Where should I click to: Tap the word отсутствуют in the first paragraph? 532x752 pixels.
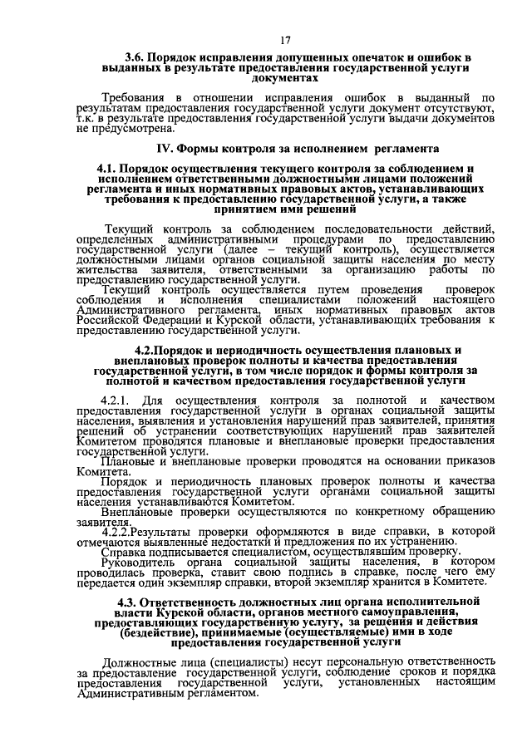click(461, 110)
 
